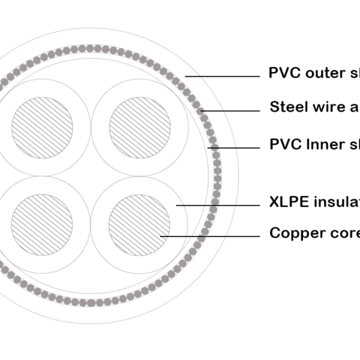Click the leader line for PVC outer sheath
222,76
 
